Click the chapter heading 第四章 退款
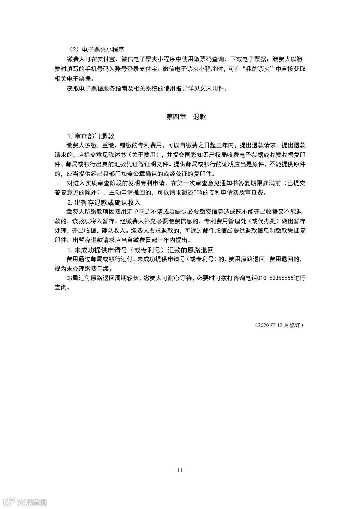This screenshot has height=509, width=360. coord(186,117)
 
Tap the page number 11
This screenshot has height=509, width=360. coord(180,470)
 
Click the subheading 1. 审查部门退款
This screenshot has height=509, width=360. coord(91,136)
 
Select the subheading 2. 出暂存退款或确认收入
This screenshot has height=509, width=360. coord(104,202)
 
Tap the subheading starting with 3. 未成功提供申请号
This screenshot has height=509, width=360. coord(140,250)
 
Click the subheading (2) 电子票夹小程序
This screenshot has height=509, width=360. coord(97,49)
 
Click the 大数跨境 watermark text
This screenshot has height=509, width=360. coord(32,502)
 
